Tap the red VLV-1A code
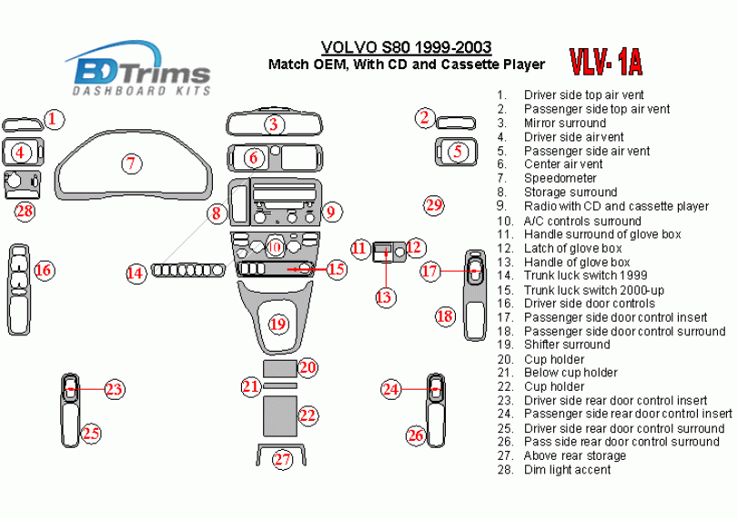coord(606,62)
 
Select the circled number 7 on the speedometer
coord(132,164)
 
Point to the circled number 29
coord(434,205)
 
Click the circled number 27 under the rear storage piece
coord(283,459)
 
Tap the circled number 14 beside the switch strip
coord(136,272)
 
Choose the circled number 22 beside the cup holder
coord(308,415)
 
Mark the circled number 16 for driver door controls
coord(43,270)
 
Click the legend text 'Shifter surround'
coord(567,344)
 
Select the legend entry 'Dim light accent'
coord(567,470)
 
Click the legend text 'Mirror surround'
coord(565,123)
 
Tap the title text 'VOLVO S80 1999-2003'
coord(407,47)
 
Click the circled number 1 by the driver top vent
coord(55,118)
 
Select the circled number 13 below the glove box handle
coord(385,296)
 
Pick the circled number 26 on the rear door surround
coord(415,435)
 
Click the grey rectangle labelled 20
coord(279,367)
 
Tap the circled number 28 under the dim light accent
coord(25,212)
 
